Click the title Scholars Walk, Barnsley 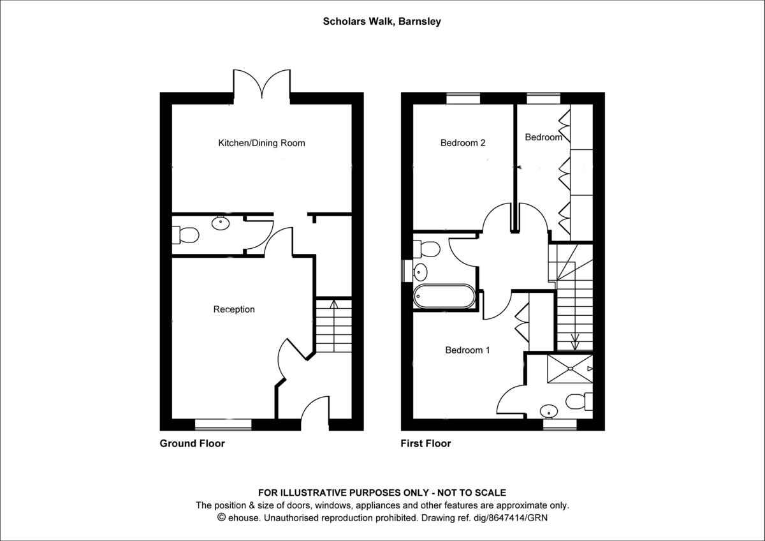382,21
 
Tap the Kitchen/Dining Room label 261,143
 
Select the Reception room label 234,309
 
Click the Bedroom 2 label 463,143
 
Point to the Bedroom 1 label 467,350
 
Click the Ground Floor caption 192,443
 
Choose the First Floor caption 425,443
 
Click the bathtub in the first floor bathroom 444,297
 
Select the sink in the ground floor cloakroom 221,223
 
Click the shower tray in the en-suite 569,368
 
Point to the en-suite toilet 578,401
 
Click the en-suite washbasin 548,411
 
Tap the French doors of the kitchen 261,85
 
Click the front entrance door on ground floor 315,413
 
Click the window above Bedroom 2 463,98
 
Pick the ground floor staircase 334,327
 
